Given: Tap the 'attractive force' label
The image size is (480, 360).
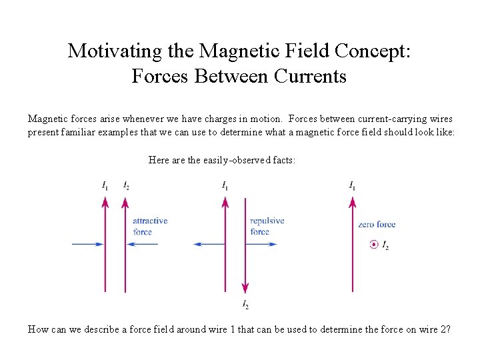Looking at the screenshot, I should [x=150, y=226].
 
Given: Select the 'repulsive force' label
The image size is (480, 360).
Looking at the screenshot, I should [x=267, y=226].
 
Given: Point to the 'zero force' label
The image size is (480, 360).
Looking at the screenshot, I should [x=377, y=225].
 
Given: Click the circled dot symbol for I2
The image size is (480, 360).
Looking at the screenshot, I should [x=373, y=245].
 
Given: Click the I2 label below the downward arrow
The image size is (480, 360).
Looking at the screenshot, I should [x=245, y=305].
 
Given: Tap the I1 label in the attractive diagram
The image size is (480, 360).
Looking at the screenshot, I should [x=105, y=185].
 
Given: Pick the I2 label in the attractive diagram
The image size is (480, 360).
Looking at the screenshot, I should [x=126, y=185].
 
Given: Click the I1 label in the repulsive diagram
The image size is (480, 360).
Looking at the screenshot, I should [x=225, y=185].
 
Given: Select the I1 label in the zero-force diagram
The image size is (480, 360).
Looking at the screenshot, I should [x=351, y=185].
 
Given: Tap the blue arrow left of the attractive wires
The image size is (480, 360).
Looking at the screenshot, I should [x=87, y=245].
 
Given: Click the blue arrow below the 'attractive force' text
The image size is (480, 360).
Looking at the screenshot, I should [x=143, y=245].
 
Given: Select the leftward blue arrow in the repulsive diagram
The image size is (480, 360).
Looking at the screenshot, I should [x=209, y=245].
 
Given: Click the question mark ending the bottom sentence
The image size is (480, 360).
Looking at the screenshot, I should [x=448, y=329].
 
